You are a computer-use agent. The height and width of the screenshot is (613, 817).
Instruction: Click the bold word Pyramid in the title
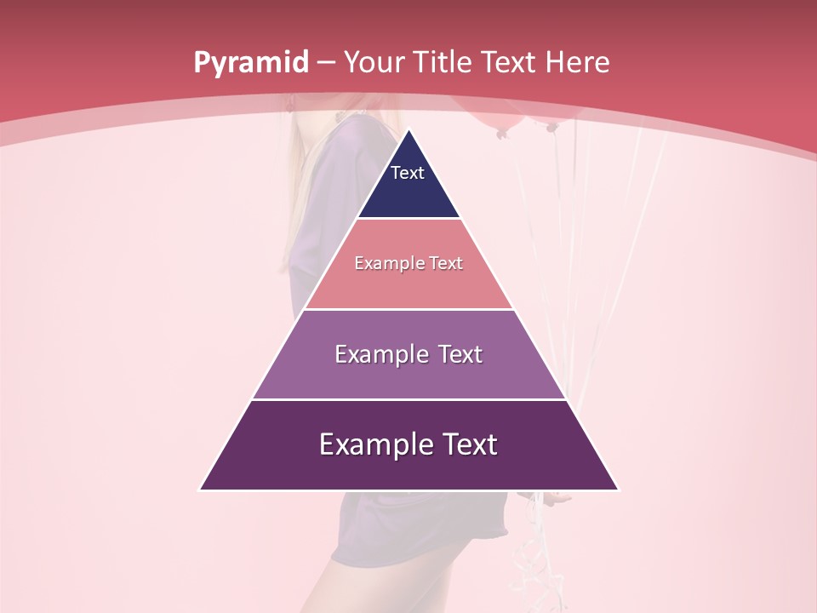pos(250,63)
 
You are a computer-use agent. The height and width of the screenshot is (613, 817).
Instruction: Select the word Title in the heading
pos(443,63)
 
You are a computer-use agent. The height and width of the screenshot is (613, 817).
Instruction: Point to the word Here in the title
pos(577,63)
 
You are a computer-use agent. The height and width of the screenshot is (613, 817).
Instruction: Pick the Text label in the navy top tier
pos(408,173)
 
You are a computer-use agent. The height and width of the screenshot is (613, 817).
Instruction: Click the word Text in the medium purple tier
pos(460,354)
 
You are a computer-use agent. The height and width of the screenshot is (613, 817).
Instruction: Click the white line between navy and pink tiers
pos(408,219)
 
